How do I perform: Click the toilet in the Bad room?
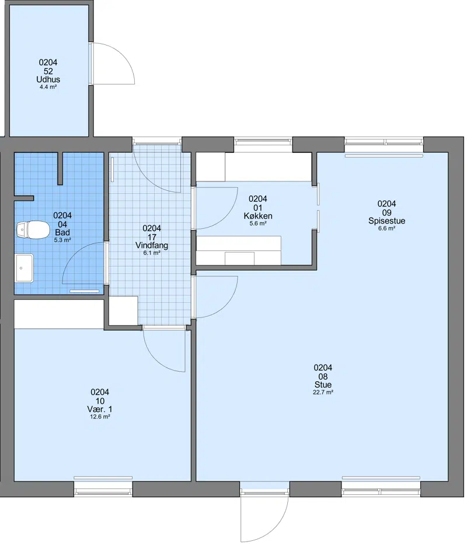click(33, 230)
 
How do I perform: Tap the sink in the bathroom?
click(25, 268)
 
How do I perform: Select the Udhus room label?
click(48, 79)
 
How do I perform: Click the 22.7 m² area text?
click(323, 392)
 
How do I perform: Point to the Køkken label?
click(258, 216)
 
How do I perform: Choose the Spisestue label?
click(386, 221)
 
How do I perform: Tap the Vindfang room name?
click(152, 246)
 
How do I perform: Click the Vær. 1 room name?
click(100, 409)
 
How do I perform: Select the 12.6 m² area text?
click(100, 417)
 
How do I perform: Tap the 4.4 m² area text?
click(48, 87)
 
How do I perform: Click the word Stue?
click(323, 385)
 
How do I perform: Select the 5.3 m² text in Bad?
click(62, 240)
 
